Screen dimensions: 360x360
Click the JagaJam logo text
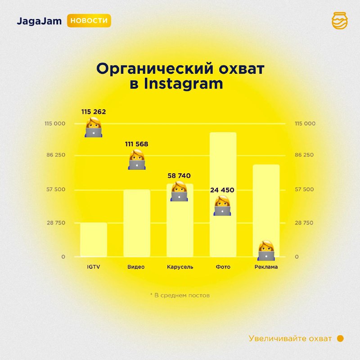coord(39,21)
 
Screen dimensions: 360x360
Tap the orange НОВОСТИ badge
coord(89,21)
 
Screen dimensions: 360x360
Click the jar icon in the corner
coord(339,21)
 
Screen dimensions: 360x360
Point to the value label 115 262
coord(94,112)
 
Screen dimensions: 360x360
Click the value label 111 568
coord(136,144)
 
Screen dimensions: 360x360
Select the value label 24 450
coord(222,190)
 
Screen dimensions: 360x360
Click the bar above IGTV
coord(94,239)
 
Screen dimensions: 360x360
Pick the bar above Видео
coord(136,223)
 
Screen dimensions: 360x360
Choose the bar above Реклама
coord(266,207)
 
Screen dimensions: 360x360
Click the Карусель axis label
coord(180,267)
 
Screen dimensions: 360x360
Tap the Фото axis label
coord(223,267)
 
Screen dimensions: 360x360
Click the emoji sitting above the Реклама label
coord(266,251)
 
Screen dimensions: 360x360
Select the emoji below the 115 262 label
coord(94,127)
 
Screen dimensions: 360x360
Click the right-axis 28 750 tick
coord(304,223)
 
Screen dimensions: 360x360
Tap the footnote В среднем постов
coord(180,296)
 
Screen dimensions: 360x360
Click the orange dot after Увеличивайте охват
coord(340,338)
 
